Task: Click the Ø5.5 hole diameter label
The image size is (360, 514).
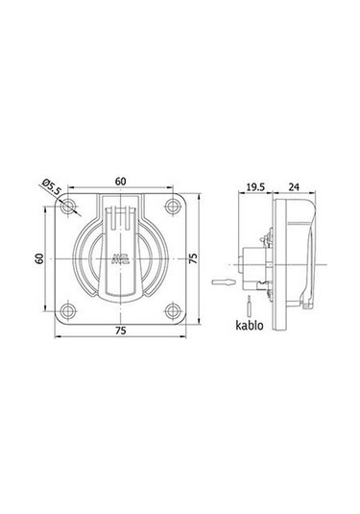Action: pyautogui.click(x=52, y=186)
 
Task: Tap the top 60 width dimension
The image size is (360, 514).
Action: pyautogui.click(x=121, y=182)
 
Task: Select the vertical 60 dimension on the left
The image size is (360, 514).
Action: pyautogui.click(x=39, y=258)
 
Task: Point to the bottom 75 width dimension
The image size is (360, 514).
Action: pyautogui.click(x=121, y=330)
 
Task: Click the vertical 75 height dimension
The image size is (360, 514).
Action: pyautogui.click(x=194, y=258)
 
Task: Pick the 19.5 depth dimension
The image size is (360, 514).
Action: pyautogui.click(x=255, y=186)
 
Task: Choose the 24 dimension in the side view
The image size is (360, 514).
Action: pyautogui.click(x=294, y=186)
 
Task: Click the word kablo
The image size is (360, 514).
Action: pyautogui.click(x=250, y=325)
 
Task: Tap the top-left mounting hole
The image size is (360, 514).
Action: pyautogui.click(x=68, y=207)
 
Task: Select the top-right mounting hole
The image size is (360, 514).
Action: pyautogui.click(x=173, y=207)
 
